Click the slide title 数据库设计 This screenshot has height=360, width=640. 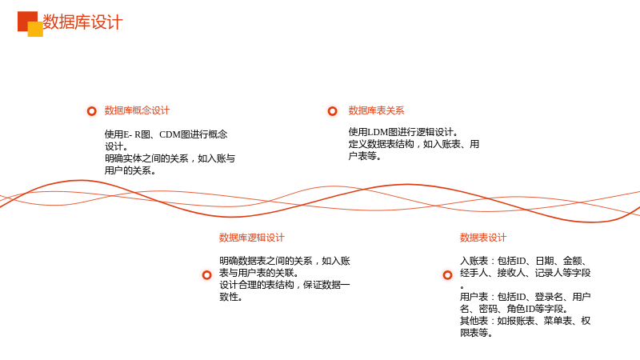pyautogui.click(x=82, y=22)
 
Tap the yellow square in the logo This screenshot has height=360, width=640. pyautogui.click(x=35, y=30)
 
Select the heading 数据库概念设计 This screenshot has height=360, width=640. pyautogui.click(x=137, y=110)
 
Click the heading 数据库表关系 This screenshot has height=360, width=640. pyautogui.click(x=376, y=110)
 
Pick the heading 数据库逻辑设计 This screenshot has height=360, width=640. pyautogui.click(x=251, y=238)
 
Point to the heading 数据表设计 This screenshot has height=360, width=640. pyautogui.click(x=483, y=238)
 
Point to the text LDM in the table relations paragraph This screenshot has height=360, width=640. pyautogui.click(x=378, y=132)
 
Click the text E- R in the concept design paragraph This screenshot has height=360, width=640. pyautogui.click(x=132, y=134)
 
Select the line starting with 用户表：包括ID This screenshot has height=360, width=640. pyautogui.click(x=526, y=297)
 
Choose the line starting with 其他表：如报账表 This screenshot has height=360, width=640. pyautogui.click(x=526, y=321)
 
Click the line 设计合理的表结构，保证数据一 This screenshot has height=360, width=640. pyautogui.click(x=285, y=285)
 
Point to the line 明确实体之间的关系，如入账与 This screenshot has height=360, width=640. pyautogui.click(x=170, y=158)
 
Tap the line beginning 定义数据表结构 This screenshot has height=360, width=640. pyautogui.click(x=414, y=144)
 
